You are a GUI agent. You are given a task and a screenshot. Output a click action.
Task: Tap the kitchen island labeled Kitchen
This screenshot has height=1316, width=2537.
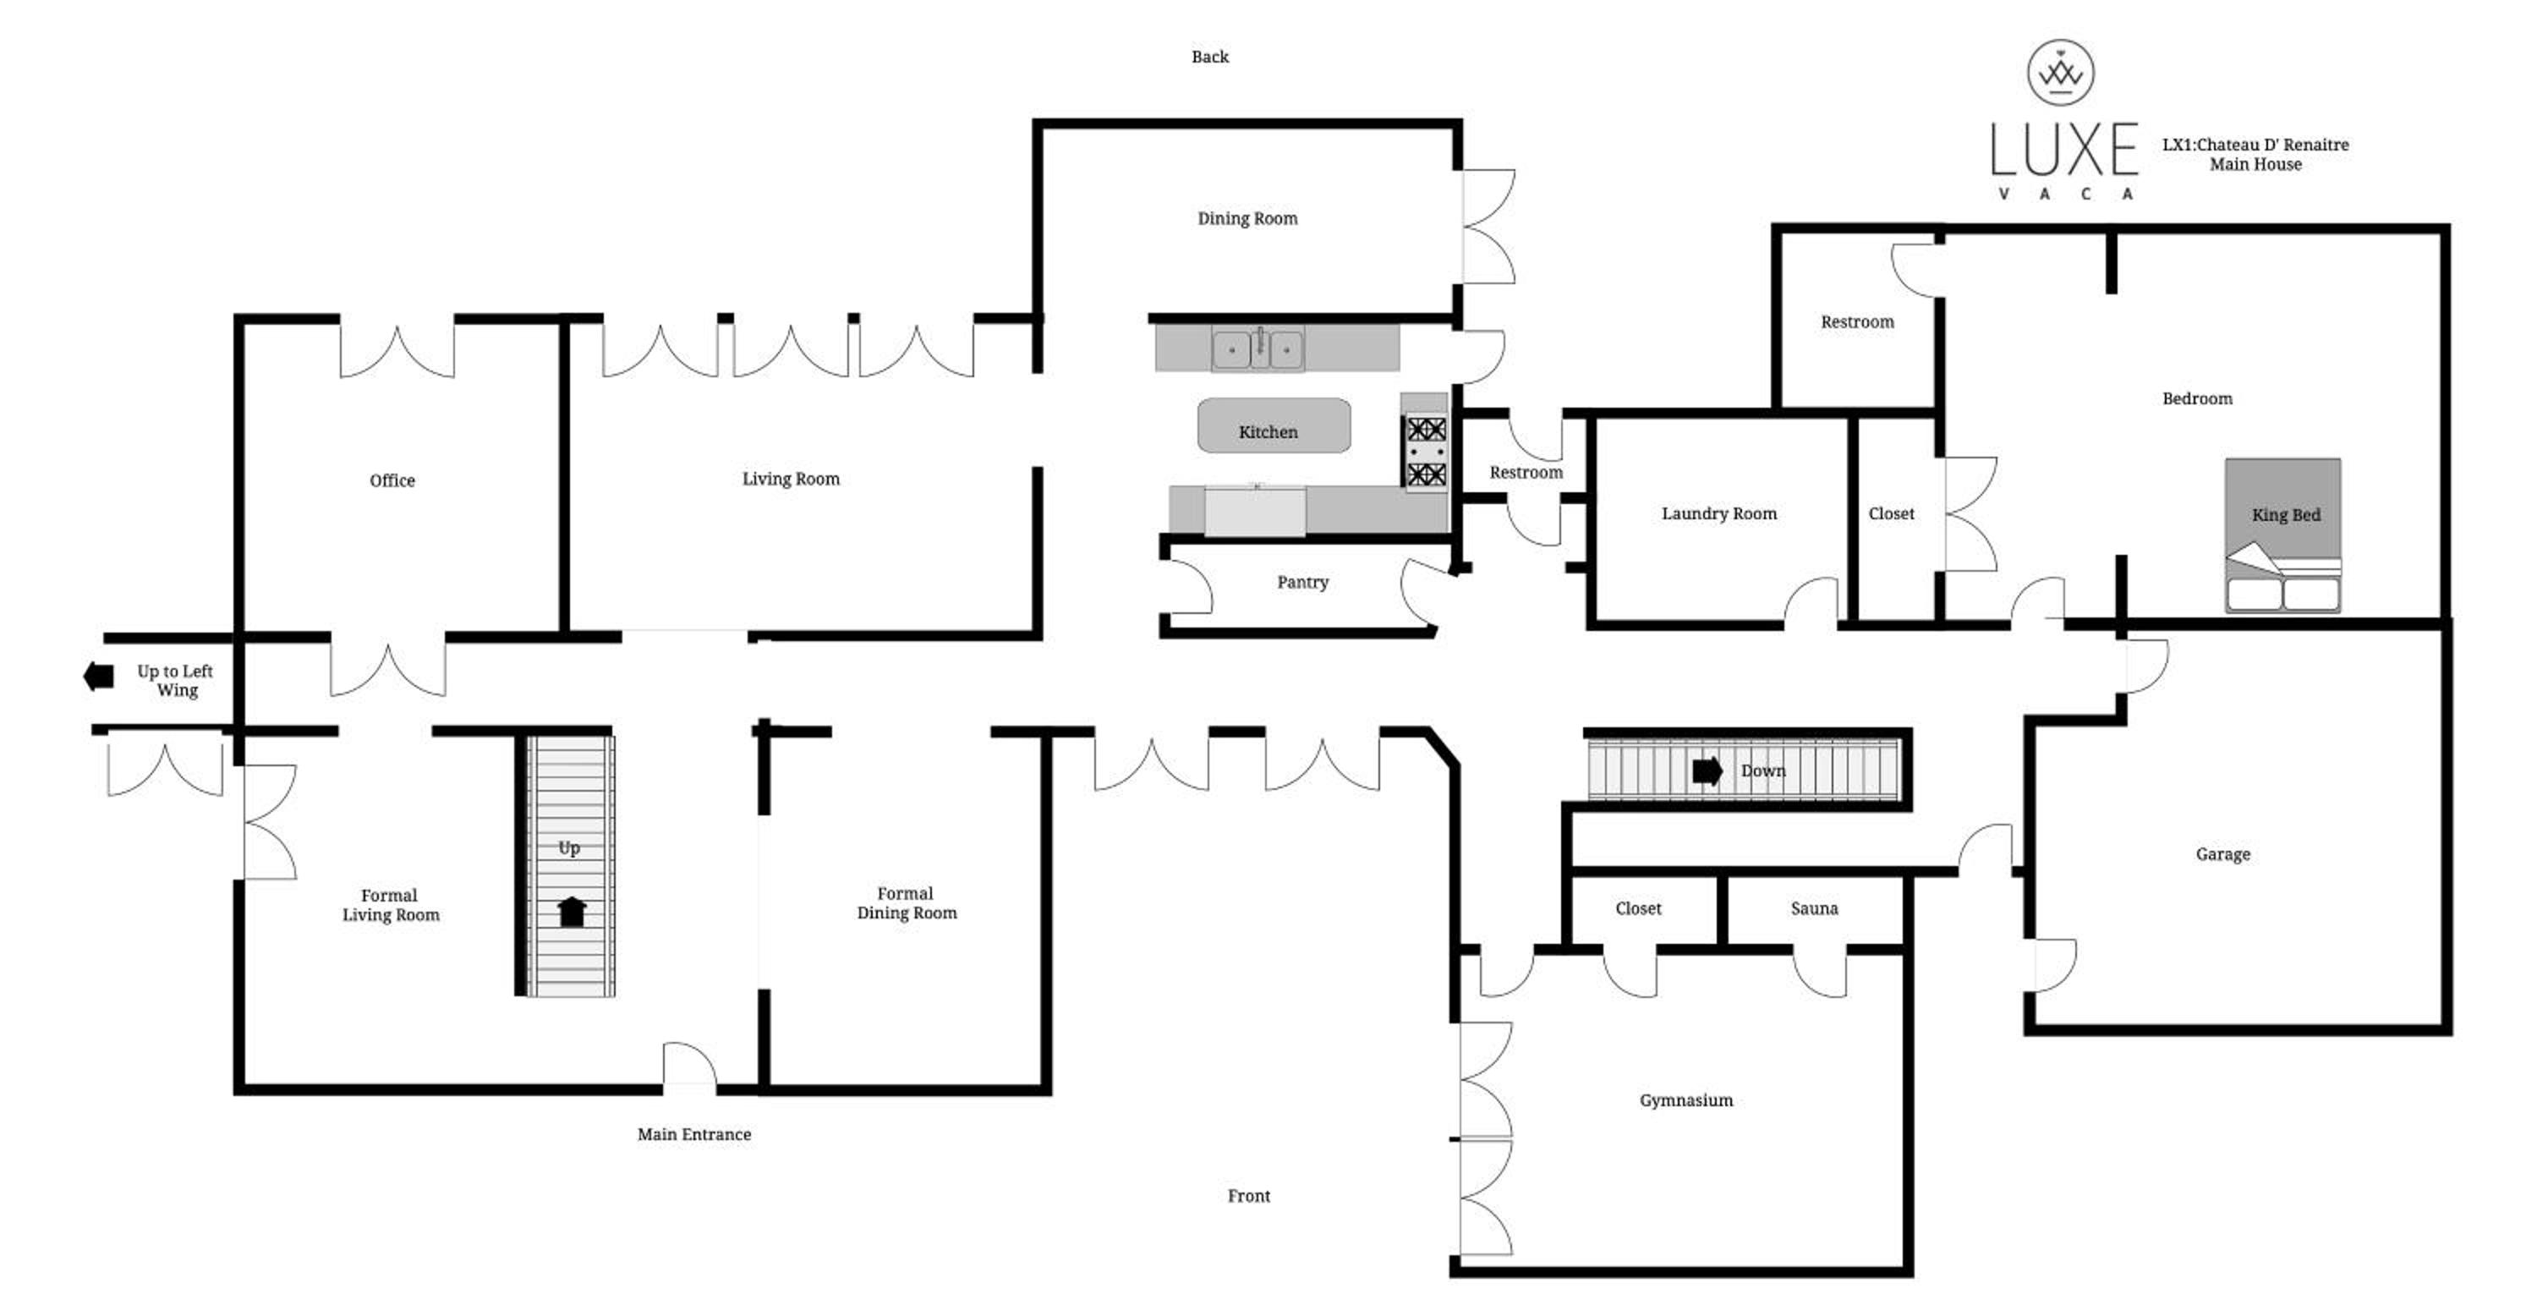point(1274,425)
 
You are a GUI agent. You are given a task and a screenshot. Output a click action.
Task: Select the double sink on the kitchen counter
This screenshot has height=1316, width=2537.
point(1258,348)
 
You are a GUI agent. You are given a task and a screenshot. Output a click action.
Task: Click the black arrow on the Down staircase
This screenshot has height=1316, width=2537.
point(1707,771)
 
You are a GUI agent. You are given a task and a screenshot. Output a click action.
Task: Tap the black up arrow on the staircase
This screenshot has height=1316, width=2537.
point(571,912)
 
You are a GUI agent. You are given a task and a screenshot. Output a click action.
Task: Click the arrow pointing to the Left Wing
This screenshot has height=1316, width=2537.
point(98,676)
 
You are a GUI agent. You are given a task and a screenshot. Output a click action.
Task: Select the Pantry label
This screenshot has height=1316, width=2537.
point(1302,582)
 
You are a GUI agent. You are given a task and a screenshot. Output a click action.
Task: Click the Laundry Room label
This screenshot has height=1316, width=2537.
point(1718,513)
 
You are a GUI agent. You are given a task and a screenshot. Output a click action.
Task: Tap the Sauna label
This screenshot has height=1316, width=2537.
point(1814,908)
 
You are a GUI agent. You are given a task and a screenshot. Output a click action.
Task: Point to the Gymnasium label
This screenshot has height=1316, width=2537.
point(1686,1100)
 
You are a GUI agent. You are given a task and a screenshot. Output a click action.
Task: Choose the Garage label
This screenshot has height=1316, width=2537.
point(2222,854)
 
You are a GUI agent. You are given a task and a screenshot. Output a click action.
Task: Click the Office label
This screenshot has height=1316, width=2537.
point(392,480)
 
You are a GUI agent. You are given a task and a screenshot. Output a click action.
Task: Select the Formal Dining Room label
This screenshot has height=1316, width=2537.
point(906,903)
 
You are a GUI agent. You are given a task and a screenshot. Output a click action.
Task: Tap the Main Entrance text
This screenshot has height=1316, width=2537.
point(693,1134)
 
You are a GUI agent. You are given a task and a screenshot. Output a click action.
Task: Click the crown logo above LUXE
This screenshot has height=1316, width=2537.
point(2060,72)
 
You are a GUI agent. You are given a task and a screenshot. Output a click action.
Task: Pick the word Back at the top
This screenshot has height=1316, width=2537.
point(1209,58)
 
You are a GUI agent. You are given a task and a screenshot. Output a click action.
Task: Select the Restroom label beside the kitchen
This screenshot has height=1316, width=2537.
point(1526,473)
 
